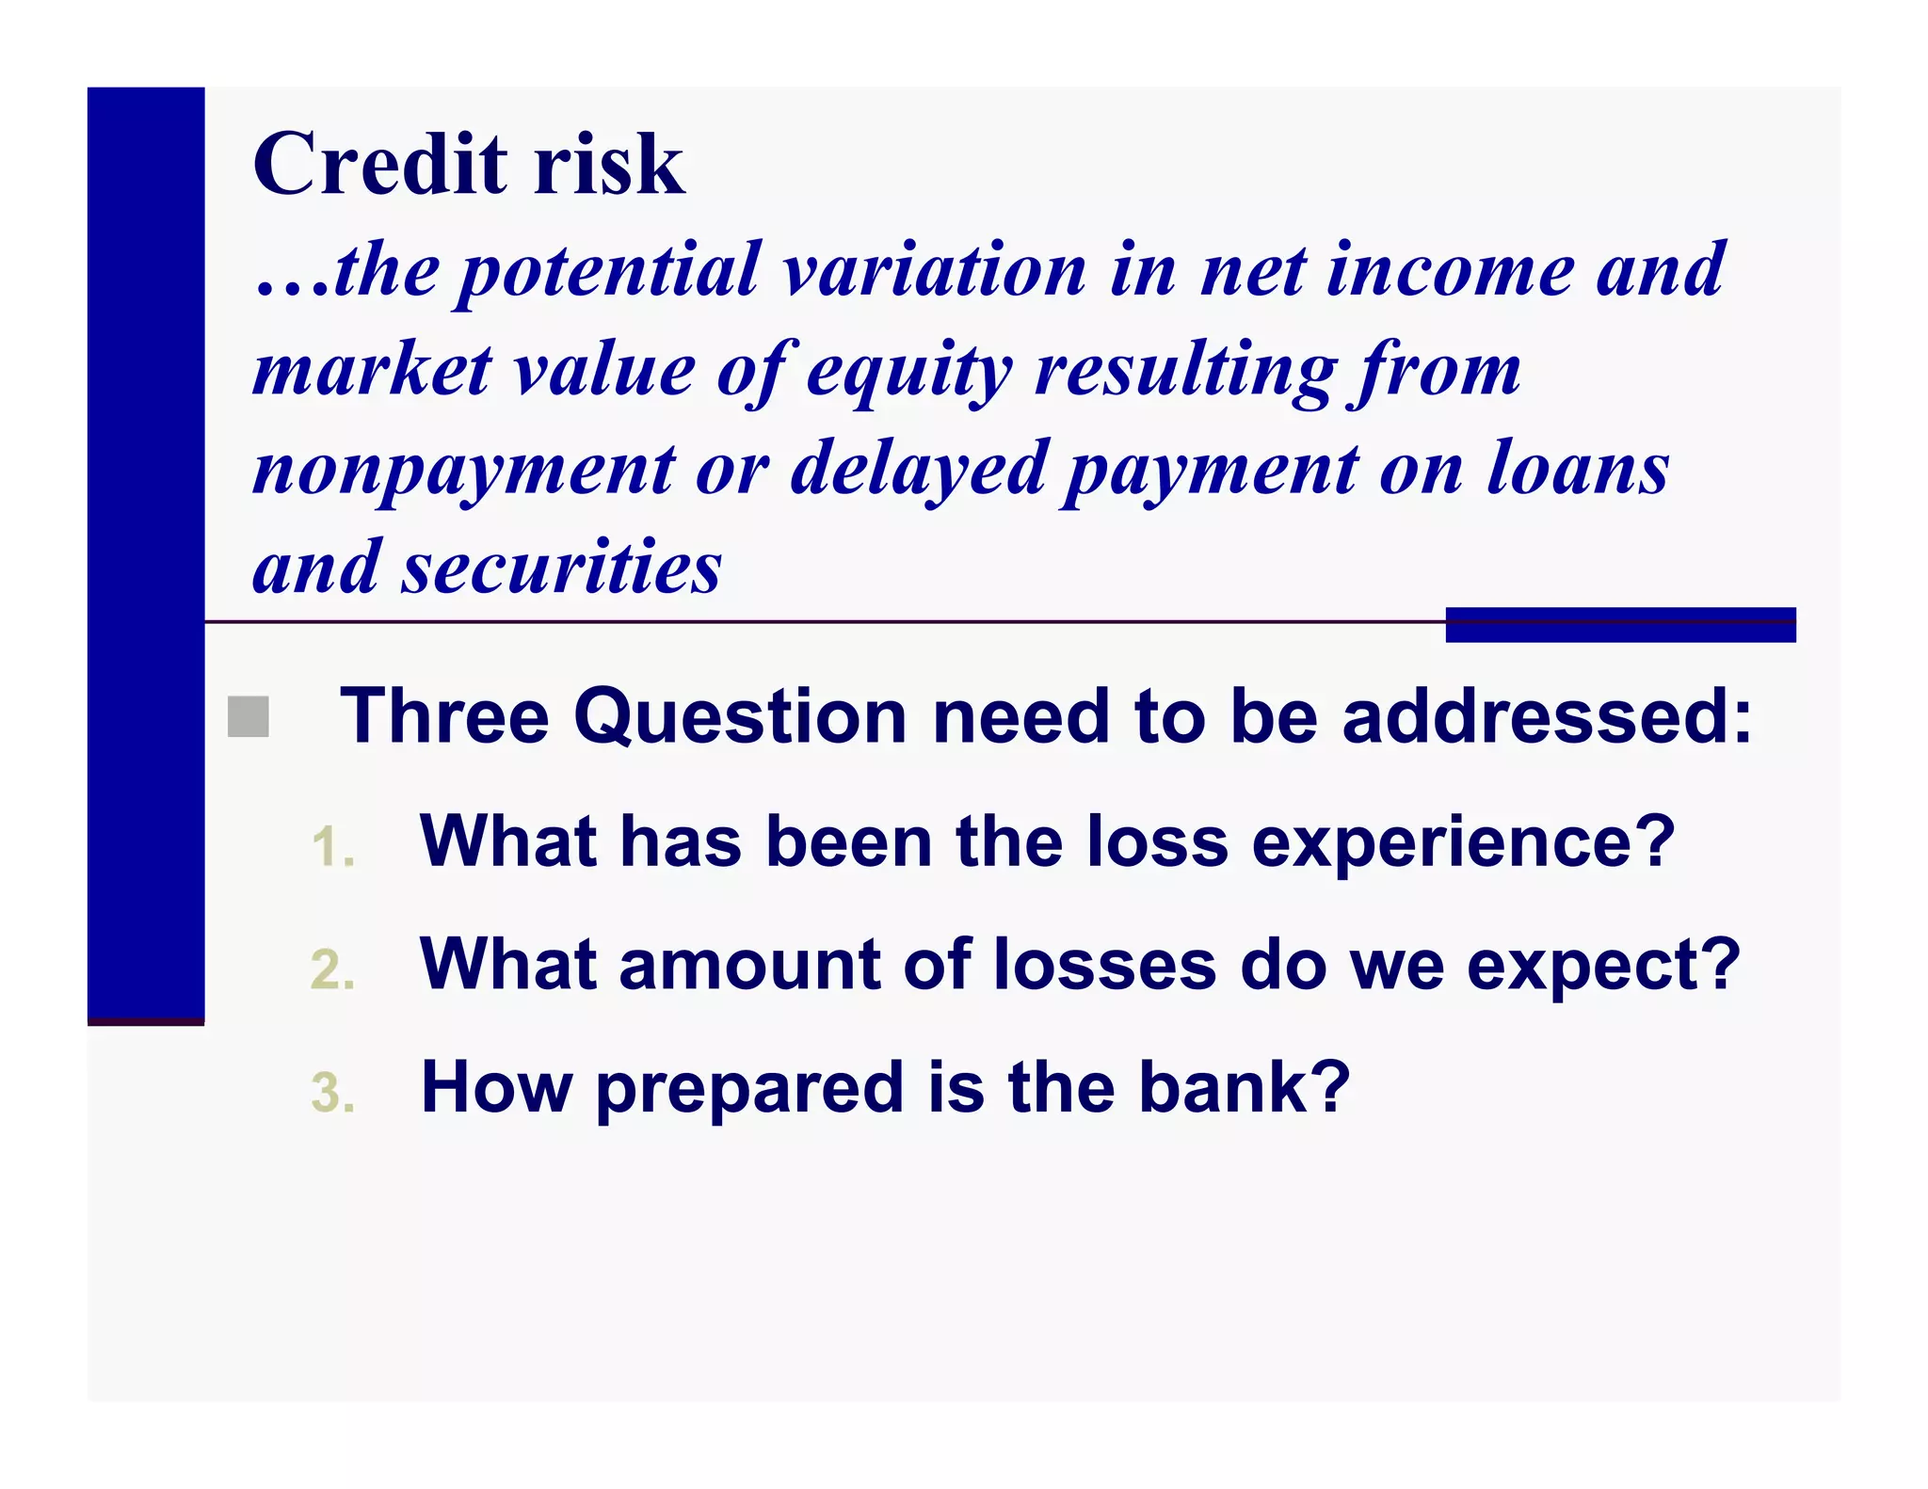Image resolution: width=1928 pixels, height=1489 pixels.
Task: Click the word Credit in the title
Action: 380,164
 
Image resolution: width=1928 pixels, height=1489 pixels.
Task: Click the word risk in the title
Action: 609,164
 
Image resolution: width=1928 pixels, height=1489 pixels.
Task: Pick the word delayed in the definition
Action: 919,471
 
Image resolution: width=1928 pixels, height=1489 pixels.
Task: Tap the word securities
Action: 562,568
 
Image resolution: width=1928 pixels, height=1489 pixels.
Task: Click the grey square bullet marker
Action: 249,717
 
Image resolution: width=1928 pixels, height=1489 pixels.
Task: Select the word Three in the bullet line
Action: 444,717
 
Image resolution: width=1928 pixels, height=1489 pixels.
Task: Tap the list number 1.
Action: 331,846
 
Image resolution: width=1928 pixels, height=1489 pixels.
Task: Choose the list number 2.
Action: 332,969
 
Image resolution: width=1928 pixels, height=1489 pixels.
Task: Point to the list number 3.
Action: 332,1093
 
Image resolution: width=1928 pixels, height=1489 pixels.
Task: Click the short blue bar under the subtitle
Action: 1620,625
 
